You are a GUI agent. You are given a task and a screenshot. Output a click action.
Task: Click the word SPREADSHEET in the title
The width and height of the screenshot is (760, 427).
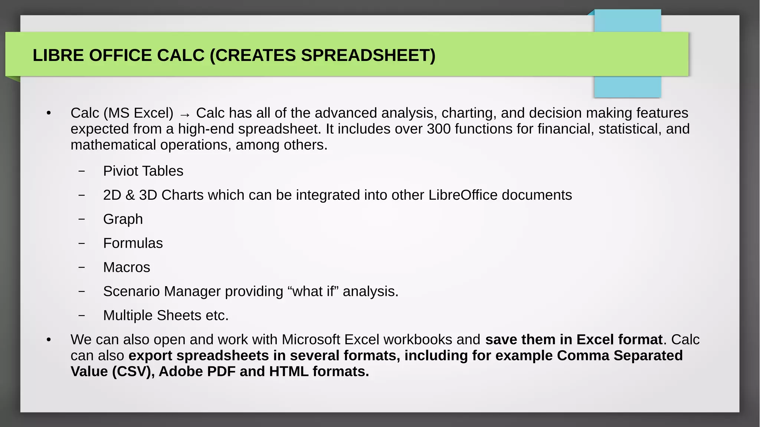(368, 55)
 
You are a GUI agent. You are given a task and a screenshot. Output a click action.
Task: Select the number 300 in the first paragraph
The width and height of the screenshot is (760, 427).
(439, 129)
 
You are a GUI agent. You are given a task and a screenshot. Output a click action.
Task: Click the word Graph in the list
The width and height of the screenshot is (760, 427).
(123, 219)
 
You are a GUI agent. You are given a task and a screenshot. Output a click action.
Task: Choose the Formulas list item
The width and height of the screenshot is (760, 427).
(133, 243)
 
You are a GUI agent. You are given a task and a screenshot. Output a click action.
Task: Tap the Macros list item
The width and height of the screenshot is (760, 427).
(127, 267)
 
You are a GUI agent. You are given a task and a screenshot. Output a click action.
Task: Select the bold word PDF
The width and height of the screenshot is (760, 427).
(221, 372)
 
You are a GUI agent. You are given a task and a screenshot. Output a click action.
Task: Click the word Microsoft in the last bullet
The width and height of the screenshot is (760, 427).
(311, 340)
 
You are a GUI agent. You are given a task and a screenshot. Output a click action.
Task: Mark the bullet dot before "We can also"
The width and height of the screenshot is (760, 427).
(49, 340)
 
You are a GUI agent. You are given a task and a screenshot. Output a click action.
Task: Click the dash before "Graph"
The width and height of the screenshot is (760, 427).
(82, 219)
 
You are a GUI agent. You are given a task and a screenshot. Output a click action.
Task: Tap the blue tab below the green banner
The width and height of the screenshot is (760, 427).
(627, 87)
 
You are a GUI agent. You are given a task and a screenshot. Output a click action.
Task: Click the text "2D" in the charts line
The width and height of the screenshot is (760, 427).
(112, 195)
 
